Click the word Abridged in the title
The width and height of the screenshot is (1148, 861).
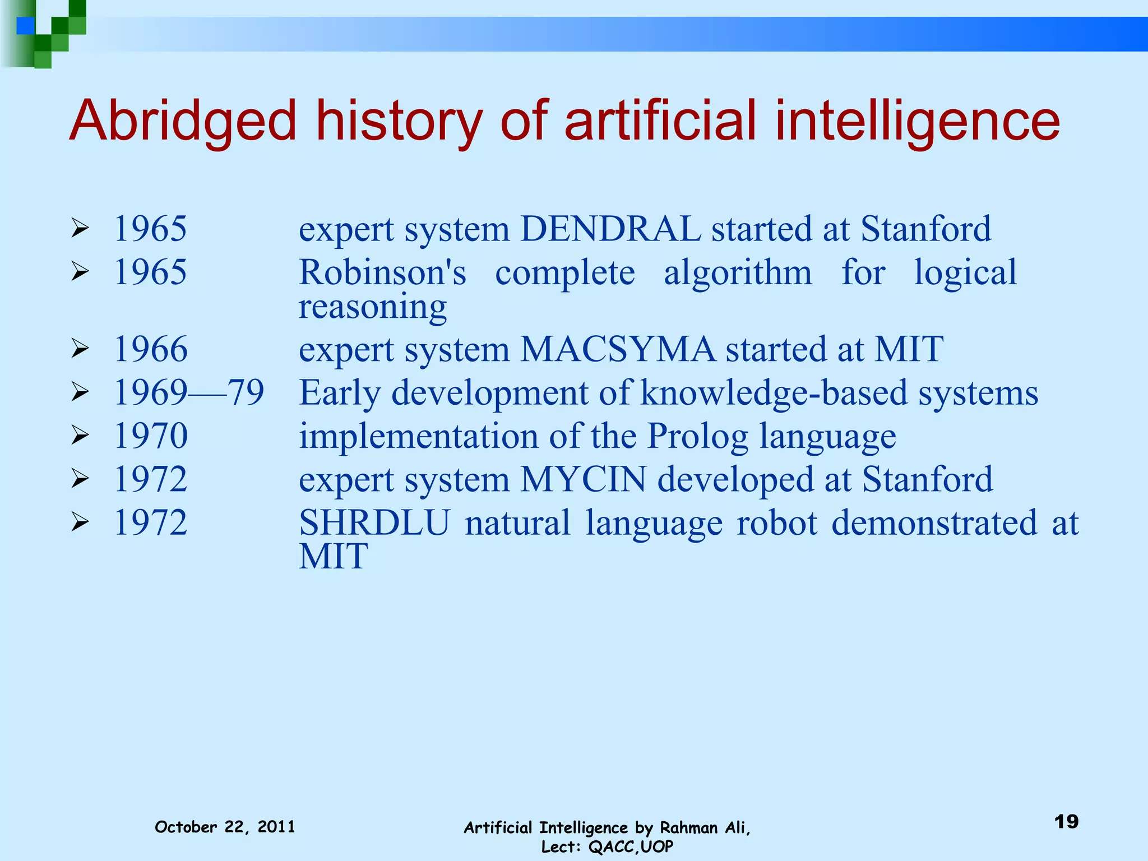(182, 122)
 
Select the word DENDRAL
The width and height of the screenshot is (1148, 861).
(610, 229)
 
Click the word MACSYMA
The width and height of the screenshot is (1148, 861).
(618, 349)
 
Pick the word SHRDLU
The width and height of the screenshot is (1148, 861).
(374, 523)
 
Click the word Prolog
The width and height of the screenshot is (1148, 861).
(697, 436)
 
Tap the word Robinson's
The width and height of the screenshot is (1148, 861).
(382, 272)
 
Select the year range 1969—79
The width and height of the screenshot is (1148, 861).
(189, 392)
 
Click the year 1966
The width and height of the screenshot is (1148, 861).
(150, 349)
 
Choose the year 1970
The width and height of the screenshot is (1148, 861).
(150, 436)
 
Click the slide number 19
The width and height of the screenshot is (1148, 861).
(1066, 822)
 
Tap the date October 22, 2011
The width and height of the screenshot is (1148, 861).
(225, 827)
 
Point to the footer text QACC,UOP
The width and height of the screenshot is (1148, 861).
(631, 847)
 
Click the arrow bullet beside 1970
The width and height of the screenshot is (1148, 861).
(80, 436)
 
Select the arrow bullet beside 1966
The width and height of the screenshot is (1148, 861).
(80, 349)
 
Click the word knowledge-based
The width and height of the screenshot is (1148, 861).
(774, 392)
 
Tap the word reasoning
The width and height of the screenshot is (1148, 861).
(372, 307)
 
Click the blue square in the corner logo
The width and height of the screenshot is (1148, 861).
(26, 26)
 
